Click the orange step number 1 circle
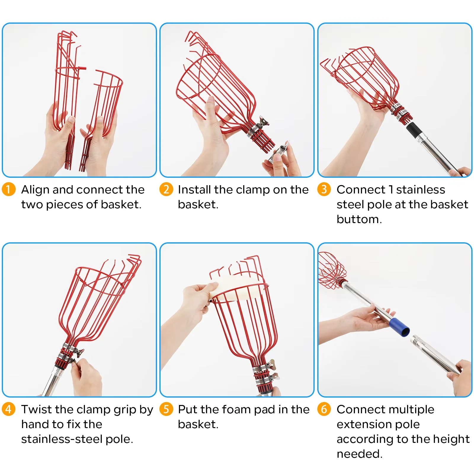click(8, 189)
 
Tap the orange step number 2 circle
click(166, 189)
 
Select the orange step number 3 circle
click(324, 189)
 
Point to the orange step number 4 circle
click(8, 409)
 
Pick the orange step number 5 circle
click(166, 409)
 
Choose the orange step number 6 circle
click(324, 409)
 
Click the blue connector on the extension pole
click(400, 327)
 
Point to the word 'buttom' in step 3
click(358, 219)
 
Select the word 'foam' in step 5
click(236, 409)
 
